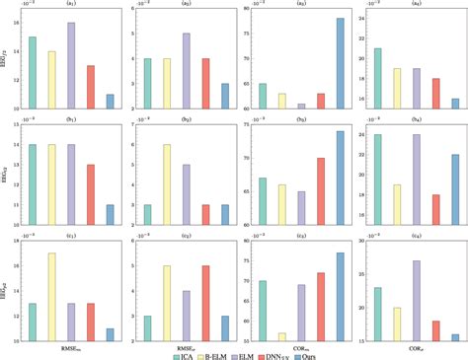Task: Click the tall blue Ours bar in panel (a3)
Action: click(339, 63)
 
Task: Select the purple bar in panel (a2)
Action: click(186, 70)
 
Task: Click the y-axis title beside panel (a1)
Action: click(5, 60)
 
